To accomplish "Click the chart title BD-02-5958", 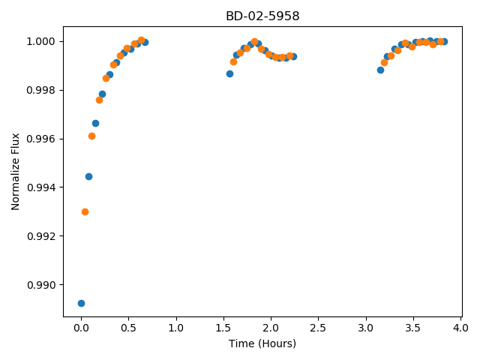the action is pyautogui.click(x=262, y=16).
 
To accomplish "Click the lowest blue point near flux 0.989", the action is pyautogui.click(x=81, y=303).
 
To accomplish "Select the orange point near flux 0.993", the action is pyautogui.click(x=85, y=211).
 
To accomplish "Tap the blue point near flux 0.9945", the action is pyautogui.click(x=88, y=177).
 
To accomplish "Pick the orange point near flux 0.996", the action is pyautogui.click(x=91, y=136).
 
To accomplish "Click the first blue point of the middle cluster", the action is pyautogui.click(x=230, y=73).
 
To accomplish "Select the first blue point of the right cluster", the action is pyautogui.click(x=380, y=70).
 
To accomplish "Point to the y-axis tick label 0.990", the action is pyautogui.click(x=41, y=285).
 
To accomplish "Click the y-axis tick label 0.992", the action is pyautogui.click(x=41, y=236).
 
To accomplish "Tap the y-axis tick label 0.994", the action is pyautogui.click(x=41, y=187).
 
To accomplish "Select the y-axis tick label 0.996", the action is pyautogui.click(x=41, y=139).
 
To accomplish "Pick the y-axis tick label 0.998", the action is pyautogui.click(x=41, y=90).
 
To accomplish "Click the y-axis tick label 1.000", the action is pyautogui.click(x=41, y=42).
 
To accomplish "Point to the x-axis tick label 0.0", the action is pyautogui.click(x=81, y=328).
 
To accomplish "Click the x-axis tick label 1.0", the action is pyautogui.click(x=176, y=328).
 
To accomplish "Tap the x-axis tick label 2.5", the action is pyautogui.click(x=318, y=328).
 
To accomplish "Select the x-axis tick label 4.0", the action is pyautogui.click(x=460, y=328).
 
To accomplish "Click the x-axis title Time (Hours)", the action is pyautogui.click(x=262, y=343).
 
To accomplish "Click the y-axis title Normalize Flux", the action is pyautogui.click(x=15, y=172).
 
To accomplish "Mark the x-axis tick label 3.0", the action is pyautogui.click(x=365, y=328).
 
